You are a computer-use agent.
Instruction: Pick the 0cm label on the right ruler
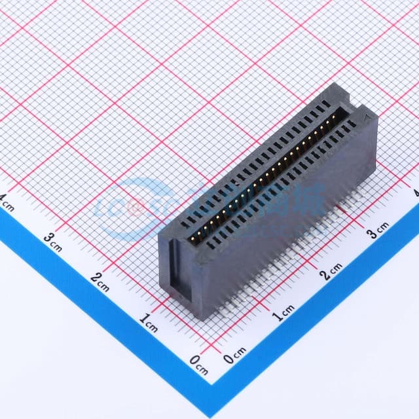pyautogui.click(x=234, y=357)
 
